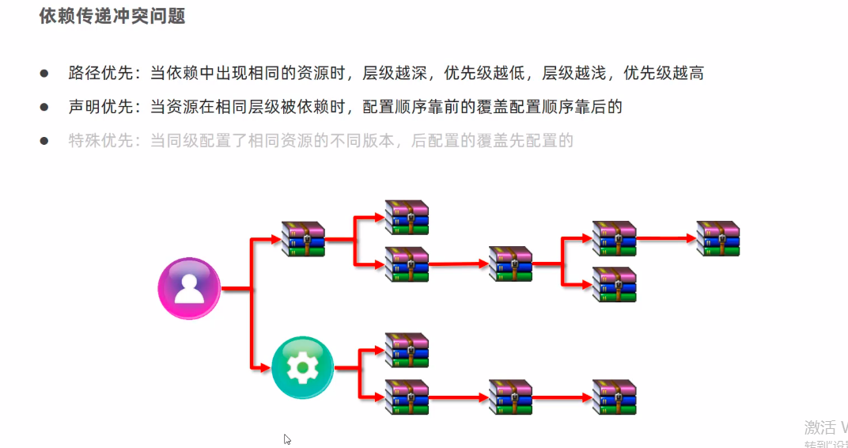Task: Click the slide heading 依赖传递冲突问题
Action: click(x=112, y=17)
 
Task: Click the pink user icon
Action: click(x=189, y=288)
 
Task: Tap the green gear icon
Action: click(x=301, y=367)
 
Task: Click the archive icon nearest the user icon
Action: click(x=304, y=239)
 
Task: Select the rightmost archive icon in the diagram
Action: click(x=718, y=238)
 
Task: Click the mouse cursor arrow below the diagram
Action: click(x=287, y=439)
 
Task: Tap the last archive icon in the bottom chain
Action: click(x=615, y=397)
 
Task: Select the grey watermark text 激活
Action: click(x=820, y=427)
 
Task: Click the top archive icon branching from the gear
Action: click(x=407, y=351)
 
